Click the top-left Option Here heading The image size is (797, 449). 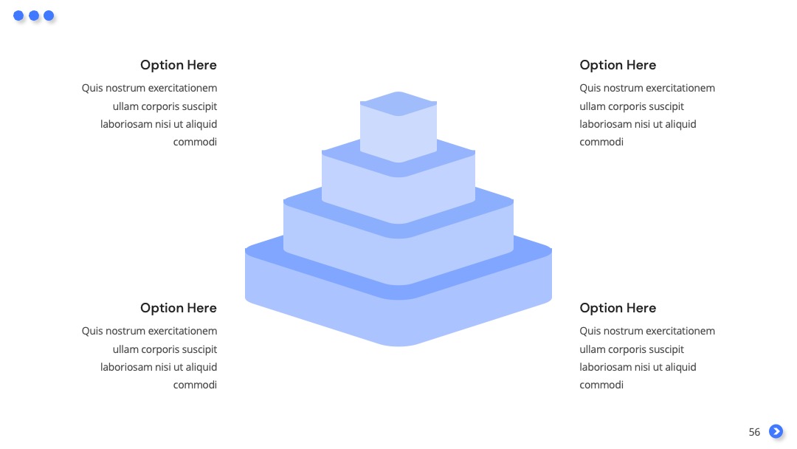coord(179,65)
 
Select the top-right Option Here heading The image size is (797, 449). coord(618,65)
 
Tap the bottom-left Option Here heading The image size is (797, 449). coord(179,308)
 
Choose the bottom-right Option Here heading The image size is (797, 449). coord(618,308)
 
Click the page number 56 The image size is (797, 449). coord(754,432)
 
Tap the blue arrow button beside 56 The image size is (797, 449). coord(776,431)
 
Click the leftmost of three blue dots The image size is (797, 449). coord(18,16)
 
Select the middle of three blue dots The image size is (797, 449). coord(34,16)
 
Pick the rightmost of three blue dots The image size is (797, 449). coord(49,16)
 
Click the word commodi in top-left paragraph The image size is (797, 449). coord(195,142)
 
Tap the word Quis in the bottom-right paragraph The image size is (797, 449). coord(590,331)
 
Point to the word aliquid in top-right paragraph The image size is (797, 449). coord(677,125)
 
